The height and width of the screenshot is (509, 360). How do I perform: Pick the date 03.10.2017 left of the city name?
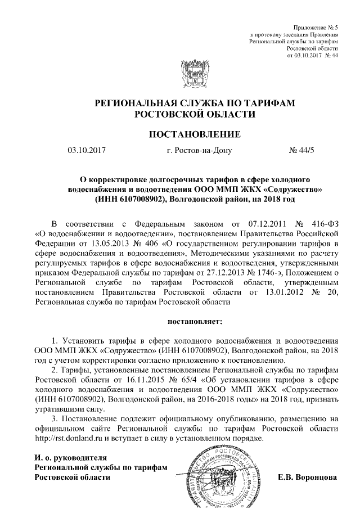(87, 150)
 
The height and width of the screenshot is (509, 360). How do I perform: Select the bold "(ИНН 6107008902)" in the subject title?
(130, 199)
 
